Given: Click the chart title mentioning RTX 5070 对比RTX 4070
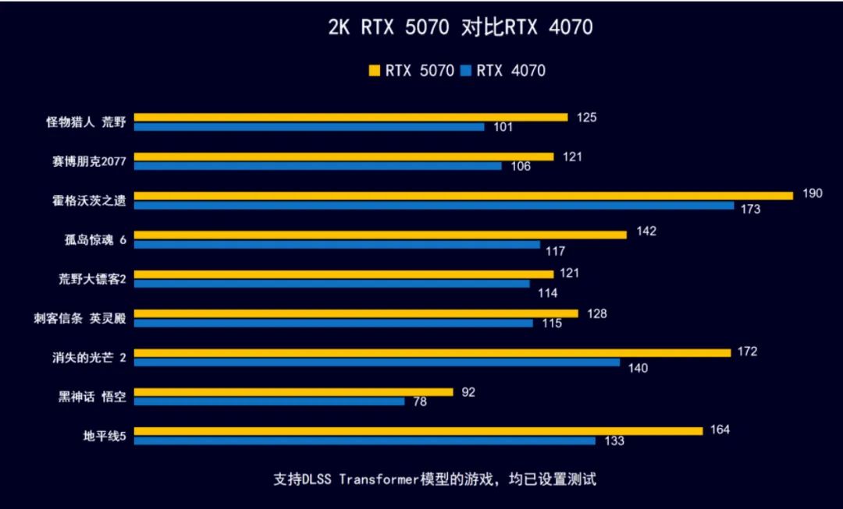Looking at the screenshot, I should pos(460,27).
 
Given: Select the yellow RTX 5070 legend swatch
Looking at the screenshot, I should pos(374,71).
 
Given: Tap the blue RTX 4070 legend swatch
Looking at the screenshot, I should pos(466,71).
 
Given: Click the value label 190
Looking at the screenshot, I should pos(812,193).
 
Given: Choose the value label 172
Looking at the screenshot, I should pos(747,352).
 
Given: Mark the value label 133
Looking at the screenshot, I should pos(614,441).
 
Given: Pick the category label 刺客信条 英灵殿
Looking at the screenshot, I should pos(86,318).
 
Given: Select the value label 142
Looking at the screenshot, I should pos(646,232).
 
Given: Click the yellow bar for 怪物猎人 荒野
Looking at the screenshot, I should pos(351,117).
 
